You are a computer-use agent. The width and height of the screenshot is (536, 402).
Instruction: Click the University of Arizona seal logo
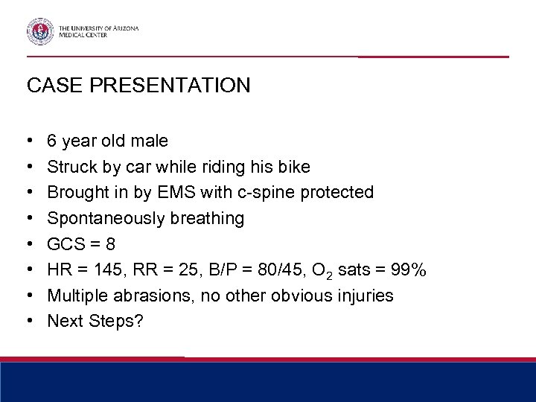coord(39,31)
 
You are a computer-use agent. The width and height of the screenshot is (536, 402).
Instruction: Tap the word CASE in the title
coord(51,86)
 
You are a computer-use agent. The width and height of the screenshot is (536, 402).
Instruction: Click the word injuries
coord(366,296)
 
